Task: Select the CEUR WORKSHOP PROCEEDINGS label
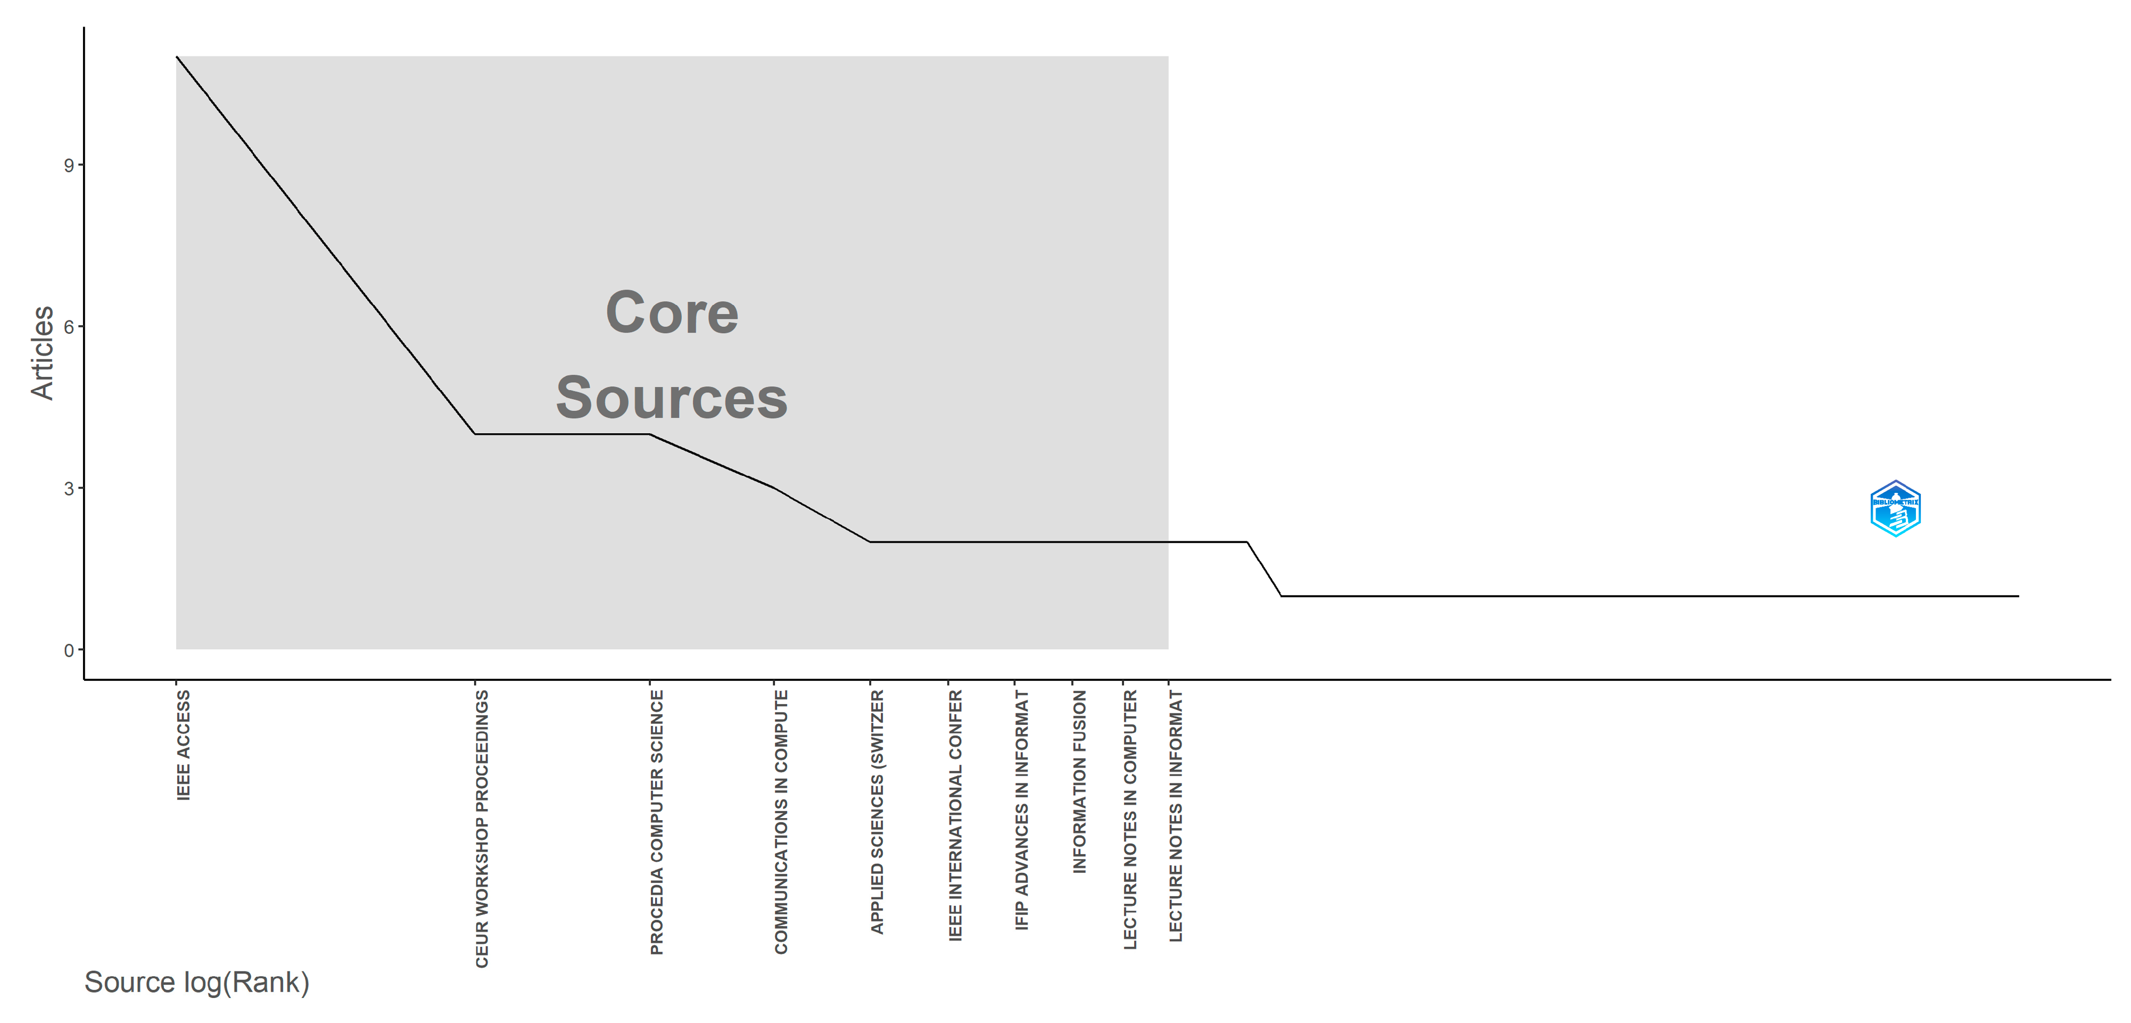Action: pos(482,829)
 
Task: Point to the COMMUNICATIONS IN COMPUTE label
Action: pos(781,822)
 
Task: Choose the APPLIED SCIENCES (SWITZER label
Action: pos(877,812)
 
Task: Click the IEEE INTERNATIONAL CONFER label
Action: pos(955,815)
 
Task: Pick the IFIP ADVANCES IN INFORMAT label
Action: pos(1022,811)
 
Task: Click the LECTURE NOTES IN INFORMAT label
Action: pos(1176,815)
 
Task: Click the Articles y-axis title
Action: pos(42,353)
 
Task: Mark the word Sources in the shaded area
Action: pos(672,398)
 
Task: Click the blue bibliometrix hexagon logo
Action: pos(1895,509)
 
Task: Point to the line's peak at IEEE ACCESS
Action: pos(177,57)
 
